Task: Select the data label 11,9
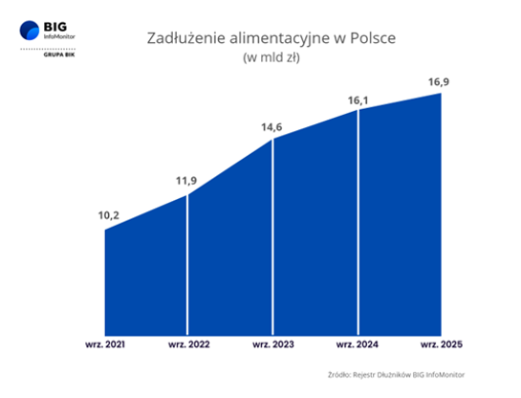point(187,180)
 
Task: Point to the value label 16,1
point(358,99)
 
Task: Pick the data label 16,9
point(440,81)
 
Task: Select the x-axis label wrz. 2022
point(187,342)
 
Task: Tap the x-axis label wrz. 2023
point(273,342)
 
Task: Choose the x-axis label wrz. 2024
point(358,342)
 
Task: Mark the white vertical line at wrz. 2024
point(358,220)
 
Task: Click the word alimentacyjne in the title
point(275,38)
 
